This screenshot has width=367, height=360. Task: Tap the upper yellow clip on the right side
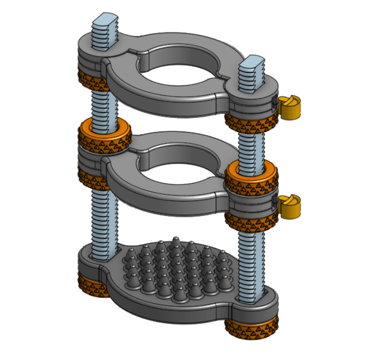point(289,107)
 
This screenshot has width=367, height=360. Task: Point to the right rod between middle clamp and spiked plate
point(251,262)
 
